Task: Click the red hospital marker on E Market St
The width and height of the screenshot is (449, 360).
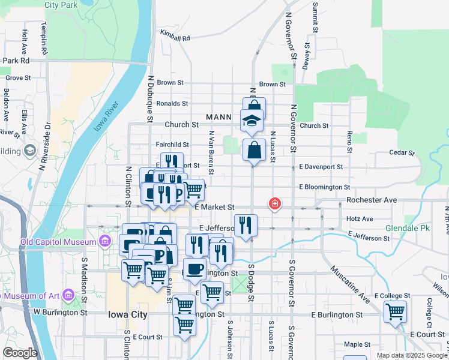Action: pos(275,204)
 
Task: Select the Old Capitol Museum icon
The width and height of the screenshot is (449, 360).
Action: pos(106,242)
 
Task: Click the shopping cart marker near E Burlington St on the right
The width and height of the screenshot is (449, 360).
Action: pos(395,311)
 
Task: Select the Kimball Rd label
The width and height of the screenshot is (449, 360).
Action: pos(175,36)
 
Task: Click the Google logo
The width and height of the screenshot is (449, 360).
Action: pos(20,353)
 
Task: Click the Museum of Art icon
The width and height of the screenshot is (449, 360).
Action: pos(67,295)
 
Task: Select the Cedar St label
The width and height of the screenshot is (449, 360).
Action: pos(402,153)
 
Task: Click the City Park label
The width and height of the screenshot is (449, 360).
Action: pos(61,4)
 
